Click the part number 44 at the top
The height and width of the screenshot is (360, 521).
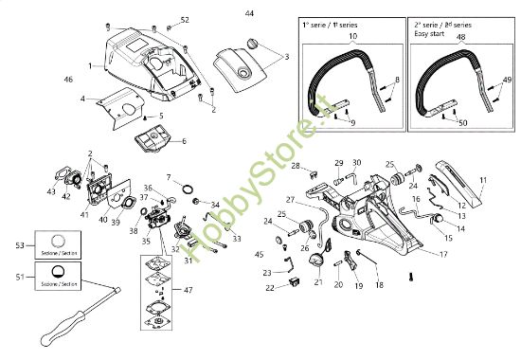pos(249,14)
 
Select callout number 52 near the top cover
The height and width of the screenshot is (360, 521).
pos(185,20)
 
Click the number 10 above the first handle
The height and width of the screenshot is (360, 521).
pos(353,37)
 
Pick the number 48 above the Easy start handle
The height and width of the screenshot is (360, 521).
pos(461,37)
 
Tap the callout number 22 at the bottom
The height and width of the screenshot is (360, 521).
pos(270,287)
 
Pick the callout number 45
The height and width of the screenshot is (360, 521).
pos(260,254)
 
